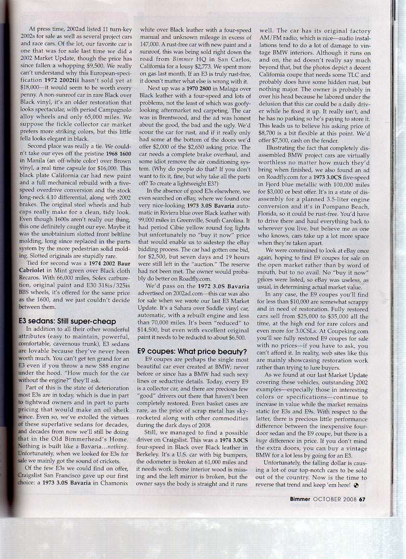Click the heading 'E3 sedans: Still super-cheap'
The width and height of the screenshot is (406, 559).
pyautogui.click(x=67, y=321)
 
